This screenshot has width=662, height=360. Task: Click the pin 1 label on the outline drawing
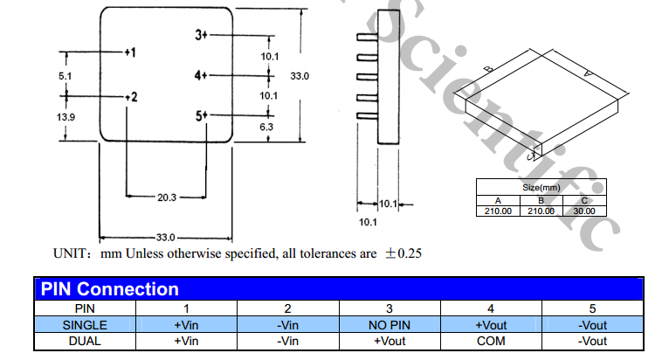pyautogui.click(x=129, y=53)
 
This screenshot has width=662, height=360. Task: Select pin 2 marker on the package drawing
pyautogui.click(x=129, y=96)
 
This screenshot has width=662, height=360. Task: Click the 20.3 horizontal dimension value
pyautogui.click(x=167, y=197)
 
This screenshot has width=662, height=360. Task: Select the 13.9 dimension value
pyautogui.click(x=66, y=116)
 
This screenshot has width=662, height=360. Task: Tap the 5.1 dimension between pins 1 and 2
pyautogui.click(x=66, y=76)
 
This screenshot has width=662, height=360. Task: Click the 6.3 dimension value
pyautogui.click(x=267, y=127)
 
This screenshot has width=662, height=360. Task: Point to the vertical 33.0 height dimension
pyautogui.click(x=300, y=77)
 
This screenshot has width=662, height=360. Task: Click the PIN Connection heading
pyautogui.click(x=110, y=289)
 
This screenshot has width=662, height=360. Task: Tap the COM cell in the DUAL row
pyautogui.click(x=491, y=341)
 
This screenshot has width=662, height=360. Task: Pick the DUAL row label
pyautogui.click(x=85, y=341)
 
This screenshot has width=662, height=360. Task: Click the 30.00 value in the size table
pyautogui.click(x=584, y=211)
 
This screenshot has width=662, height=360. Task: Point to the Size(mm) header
pyautogui.click(x=541, y=187)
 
